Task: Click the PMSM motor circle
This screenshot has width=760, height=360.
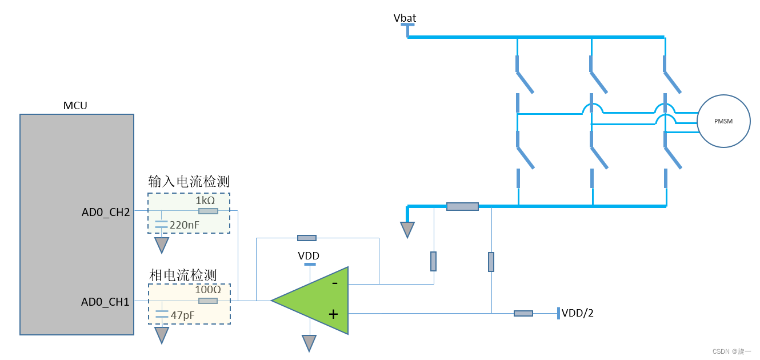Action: click(x=723, y=121)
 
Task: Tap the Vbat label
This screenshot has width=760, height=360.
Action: click(x=405, y=18)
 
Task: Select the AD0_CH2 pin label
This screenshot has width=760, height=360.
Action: click(x=106, y=213)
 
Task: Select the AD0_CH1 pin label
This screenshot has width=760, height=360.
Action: click(x=106, y=302)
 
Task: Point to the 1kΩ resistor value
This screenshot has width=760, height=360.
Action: click(x=205, y=201)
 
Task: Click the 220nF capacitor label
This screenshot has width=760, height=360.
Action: click(x=185, y=225)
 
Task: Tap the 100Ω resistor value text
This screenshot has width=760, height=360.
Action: click(x=207, y=290)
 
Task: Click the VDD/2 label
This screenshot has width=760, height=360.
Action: click(x=577, y=313)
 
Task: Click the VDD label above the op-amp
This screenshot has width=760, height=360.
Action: click(x=309, y=256)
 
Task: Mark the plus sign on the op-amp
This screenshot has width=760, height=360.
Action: click(x=334, y=314)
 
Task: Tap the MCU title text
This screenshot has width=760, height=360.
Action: click(x=75, y=106)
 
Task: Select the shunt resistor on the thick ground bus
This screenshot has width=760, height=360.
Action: click(x=462, y=206)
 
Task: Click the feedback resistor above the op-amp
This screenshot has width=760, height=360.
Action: click(x=306, y=238)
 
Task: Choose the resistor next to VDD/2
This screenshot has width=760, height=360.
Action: click(x=523, y=313)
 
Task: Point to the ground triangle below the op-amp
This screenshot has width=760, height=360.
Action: click(x=309, y=343)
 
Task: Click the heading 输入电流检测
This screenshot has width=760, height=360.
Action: click(x=189, y=182)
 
